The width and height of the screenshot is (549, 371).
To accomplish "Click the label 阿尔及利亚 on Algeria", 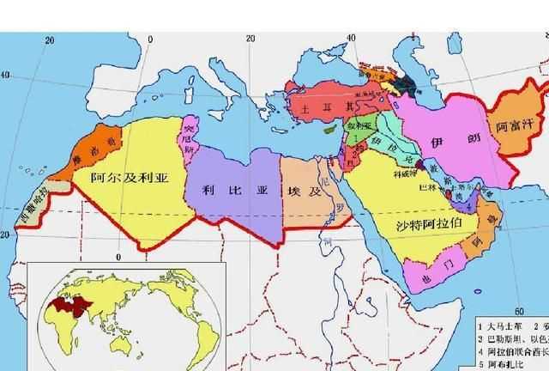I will (130, 179).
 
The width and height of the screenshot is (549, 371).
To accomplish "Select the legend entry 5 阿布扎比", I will (502, 363).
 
